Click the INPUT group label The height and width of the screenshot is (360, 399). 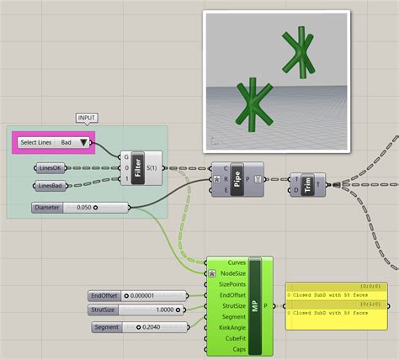click(88, 117)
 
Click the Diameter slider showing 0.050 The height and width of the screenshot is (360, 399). click(80, 207)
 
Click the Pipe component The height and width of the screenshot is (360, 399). click(237, 179)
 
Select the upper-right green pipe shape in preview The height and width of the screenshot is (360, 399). click(299, 51)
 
